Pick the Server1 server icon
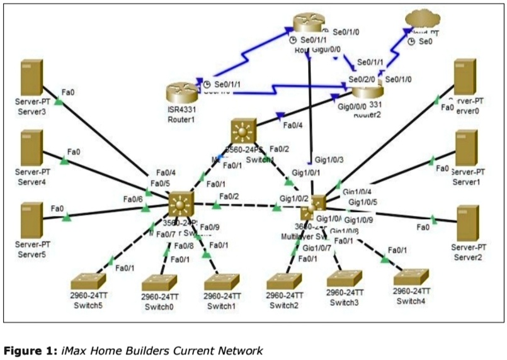point(467,149)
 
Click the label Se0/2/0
point(362,80)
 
